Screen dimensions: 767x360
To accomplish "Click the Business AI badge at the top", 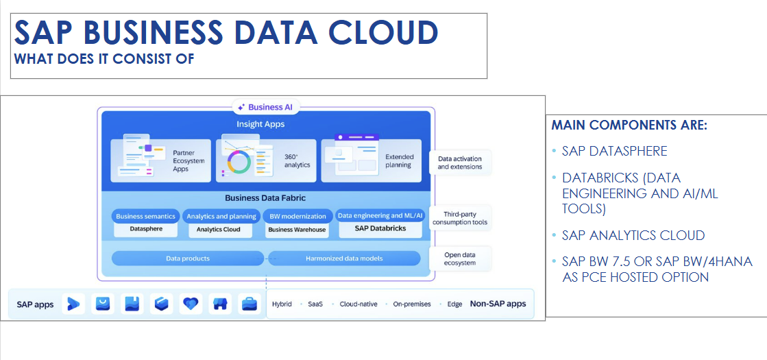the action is (x=266, y=107).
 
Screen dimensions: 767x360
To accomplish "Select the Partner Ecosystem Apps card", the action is (x=161, y=160).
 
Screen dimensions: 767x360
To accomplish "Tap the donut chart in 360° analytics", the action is (x=239, y=161).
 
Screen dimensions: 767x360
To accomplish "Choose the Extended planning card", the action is (x=372, y=160).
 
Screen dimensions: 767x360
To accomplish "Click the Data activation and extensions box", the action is (x=460, y=163).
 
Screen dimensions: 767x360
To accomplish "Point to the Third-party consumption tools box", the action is (x=460, y=218).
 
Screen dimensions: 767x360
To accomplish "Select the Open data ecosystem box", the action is (x=460, y=259).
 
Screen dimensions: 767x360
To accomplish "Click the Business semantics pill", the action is (x=146, y=216).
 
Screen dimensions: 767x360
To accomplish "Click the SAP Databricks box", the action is (x=380, y=228).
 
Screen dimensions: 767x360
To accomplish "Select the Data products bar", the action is (x=188, y=259).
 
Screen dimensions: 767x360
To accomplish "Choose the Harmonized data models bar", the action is (x=344, y=259).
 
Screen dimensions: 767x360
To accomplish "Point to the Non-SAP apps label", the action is (x=498, y=304).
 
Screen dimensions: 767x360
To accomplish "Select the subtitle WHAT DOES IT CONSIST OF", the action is (x=104, y=59).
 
